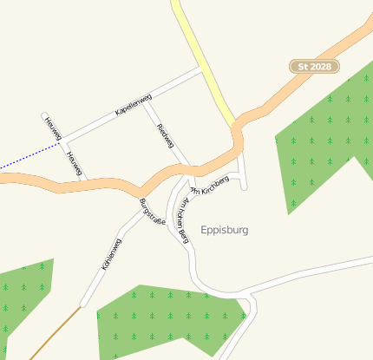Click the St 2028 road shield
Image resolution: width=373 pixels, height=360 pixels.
314,67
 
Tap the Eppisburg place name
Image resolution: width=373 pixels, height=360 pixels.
224,230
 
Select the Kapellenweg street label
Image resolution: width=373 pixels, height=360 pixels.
133,105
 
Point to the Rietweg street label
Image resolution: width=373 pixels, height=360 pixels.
165,136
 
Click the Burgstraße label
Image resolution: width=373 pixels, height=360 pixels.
152,212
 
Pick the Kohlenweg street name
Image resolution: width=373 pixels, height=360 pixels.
112,257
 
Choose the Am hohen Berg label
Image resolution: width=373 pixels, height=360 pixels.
182,218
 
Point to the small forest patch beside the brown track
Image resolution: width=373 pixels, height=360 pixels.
22,295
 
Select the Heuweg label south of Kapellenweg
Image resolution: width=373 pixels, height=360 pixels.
73,162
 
